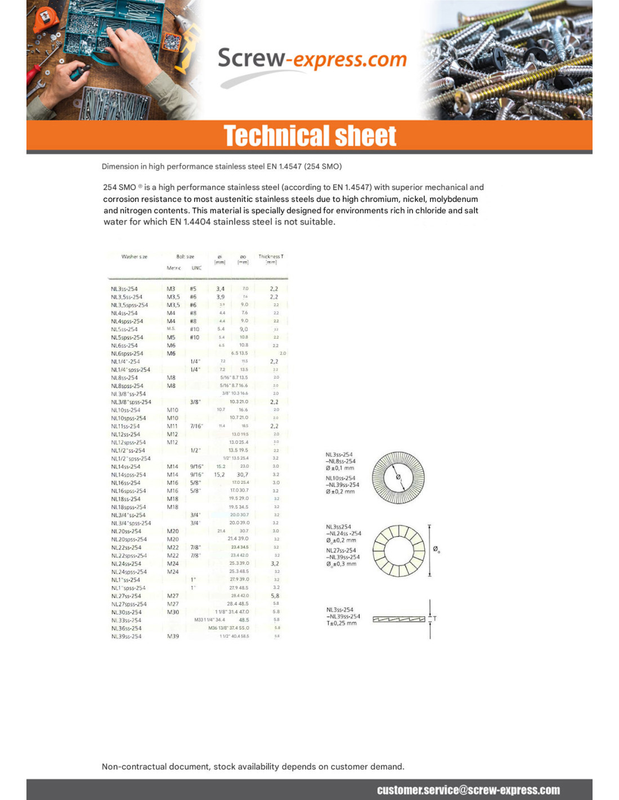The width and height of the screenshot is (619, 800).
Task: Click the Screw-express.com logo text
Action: click(x=312, y=59)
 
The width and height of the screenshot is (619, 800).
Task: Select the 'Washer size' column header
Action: click(x=134, y=257)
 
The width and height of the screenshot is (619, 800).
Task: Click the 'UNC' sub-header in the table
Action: click(x=196, y=268)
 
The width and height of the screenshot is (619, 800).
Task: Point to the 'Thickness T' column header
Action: click(x=271, y=257)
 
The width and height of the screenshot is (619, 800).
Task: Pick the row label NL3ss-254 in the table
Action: click(x=124, y=289)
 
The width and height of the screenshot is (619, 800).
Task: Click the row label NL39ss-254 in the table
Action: click(x=126, y=636)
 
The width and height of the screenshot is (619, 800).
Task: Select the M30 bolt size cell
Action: click(x=173, y=612)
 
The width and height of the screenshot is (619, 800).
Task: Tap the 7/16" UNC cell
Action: click(x=196, y=426)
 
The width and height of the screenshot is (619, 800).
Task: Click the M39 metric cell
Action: click(x=173, y=636)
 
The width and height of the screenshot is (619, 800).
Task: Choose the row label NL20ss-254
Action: click(x=126, y=531)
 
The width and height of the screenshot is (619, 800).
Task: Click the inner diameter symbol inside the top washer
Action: click(x=398, y=477)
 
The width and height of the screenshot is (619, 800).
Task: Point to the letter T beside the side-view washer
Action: click(x=435, y=619)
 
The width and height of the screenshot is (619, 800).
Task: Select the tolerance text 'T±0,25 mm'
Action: click(x=342, y=623)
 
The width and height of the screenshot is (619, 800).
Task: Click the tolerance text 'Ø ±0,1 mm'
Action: click(x=340, y=468)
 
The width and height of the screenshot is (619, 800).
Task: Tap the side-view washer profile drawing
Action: click(x=398, y=619)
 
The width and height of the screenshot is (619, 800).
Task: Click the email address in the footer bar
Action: click(x=468, y=790)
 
